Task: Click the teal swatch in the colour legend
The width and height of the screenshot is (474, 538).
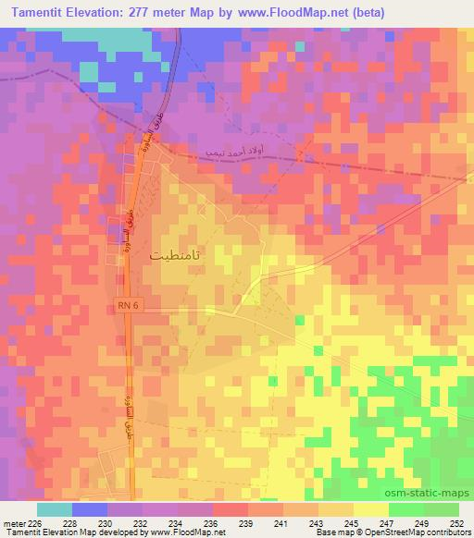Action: pyautogui.click(x=54, y=509)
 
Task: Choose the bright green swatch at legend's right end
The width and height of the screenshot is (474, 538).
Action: pyautogui.click(x=441, y=509)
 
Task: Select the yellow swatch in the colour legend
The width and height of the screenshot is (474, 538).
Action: pyautogui.click(x=370, y=509)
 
